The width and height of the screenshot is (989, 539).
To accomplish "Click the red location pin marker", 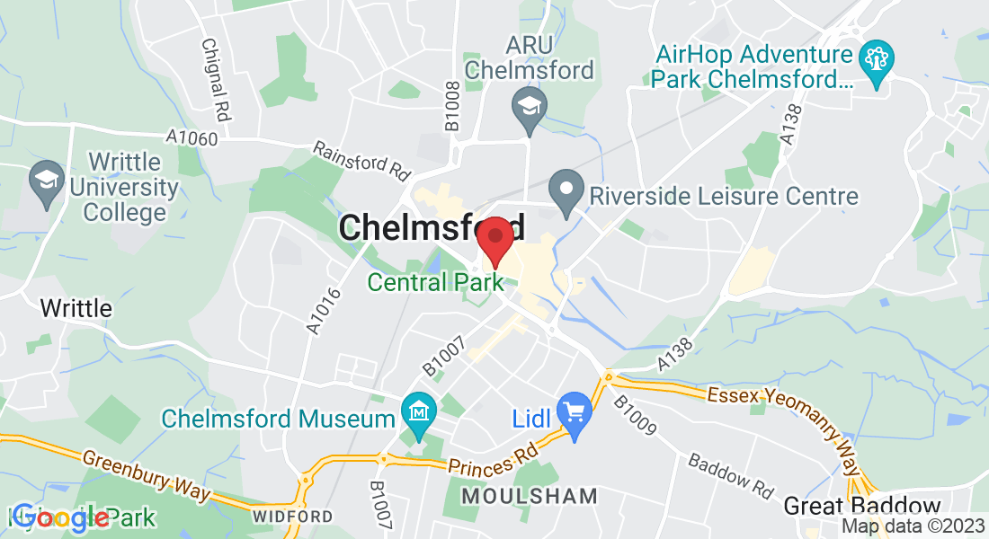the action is [494, 239].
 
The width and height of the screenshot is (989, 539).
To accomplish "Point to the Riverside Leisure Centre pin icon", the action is [566, 194].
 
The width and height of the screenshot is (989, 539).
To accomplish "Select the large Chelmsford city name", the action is [432, 227].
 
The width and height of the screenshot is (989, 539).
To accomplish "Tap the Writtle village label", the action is [76, 308].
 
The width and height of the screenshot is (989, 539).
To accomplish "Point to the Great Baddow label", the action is [861, 506].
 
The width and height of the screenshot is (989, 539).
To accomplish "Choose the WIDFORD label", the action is [292, 517].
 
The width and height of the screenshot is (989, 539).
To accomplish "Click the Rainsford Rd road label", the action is [361, 157].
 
